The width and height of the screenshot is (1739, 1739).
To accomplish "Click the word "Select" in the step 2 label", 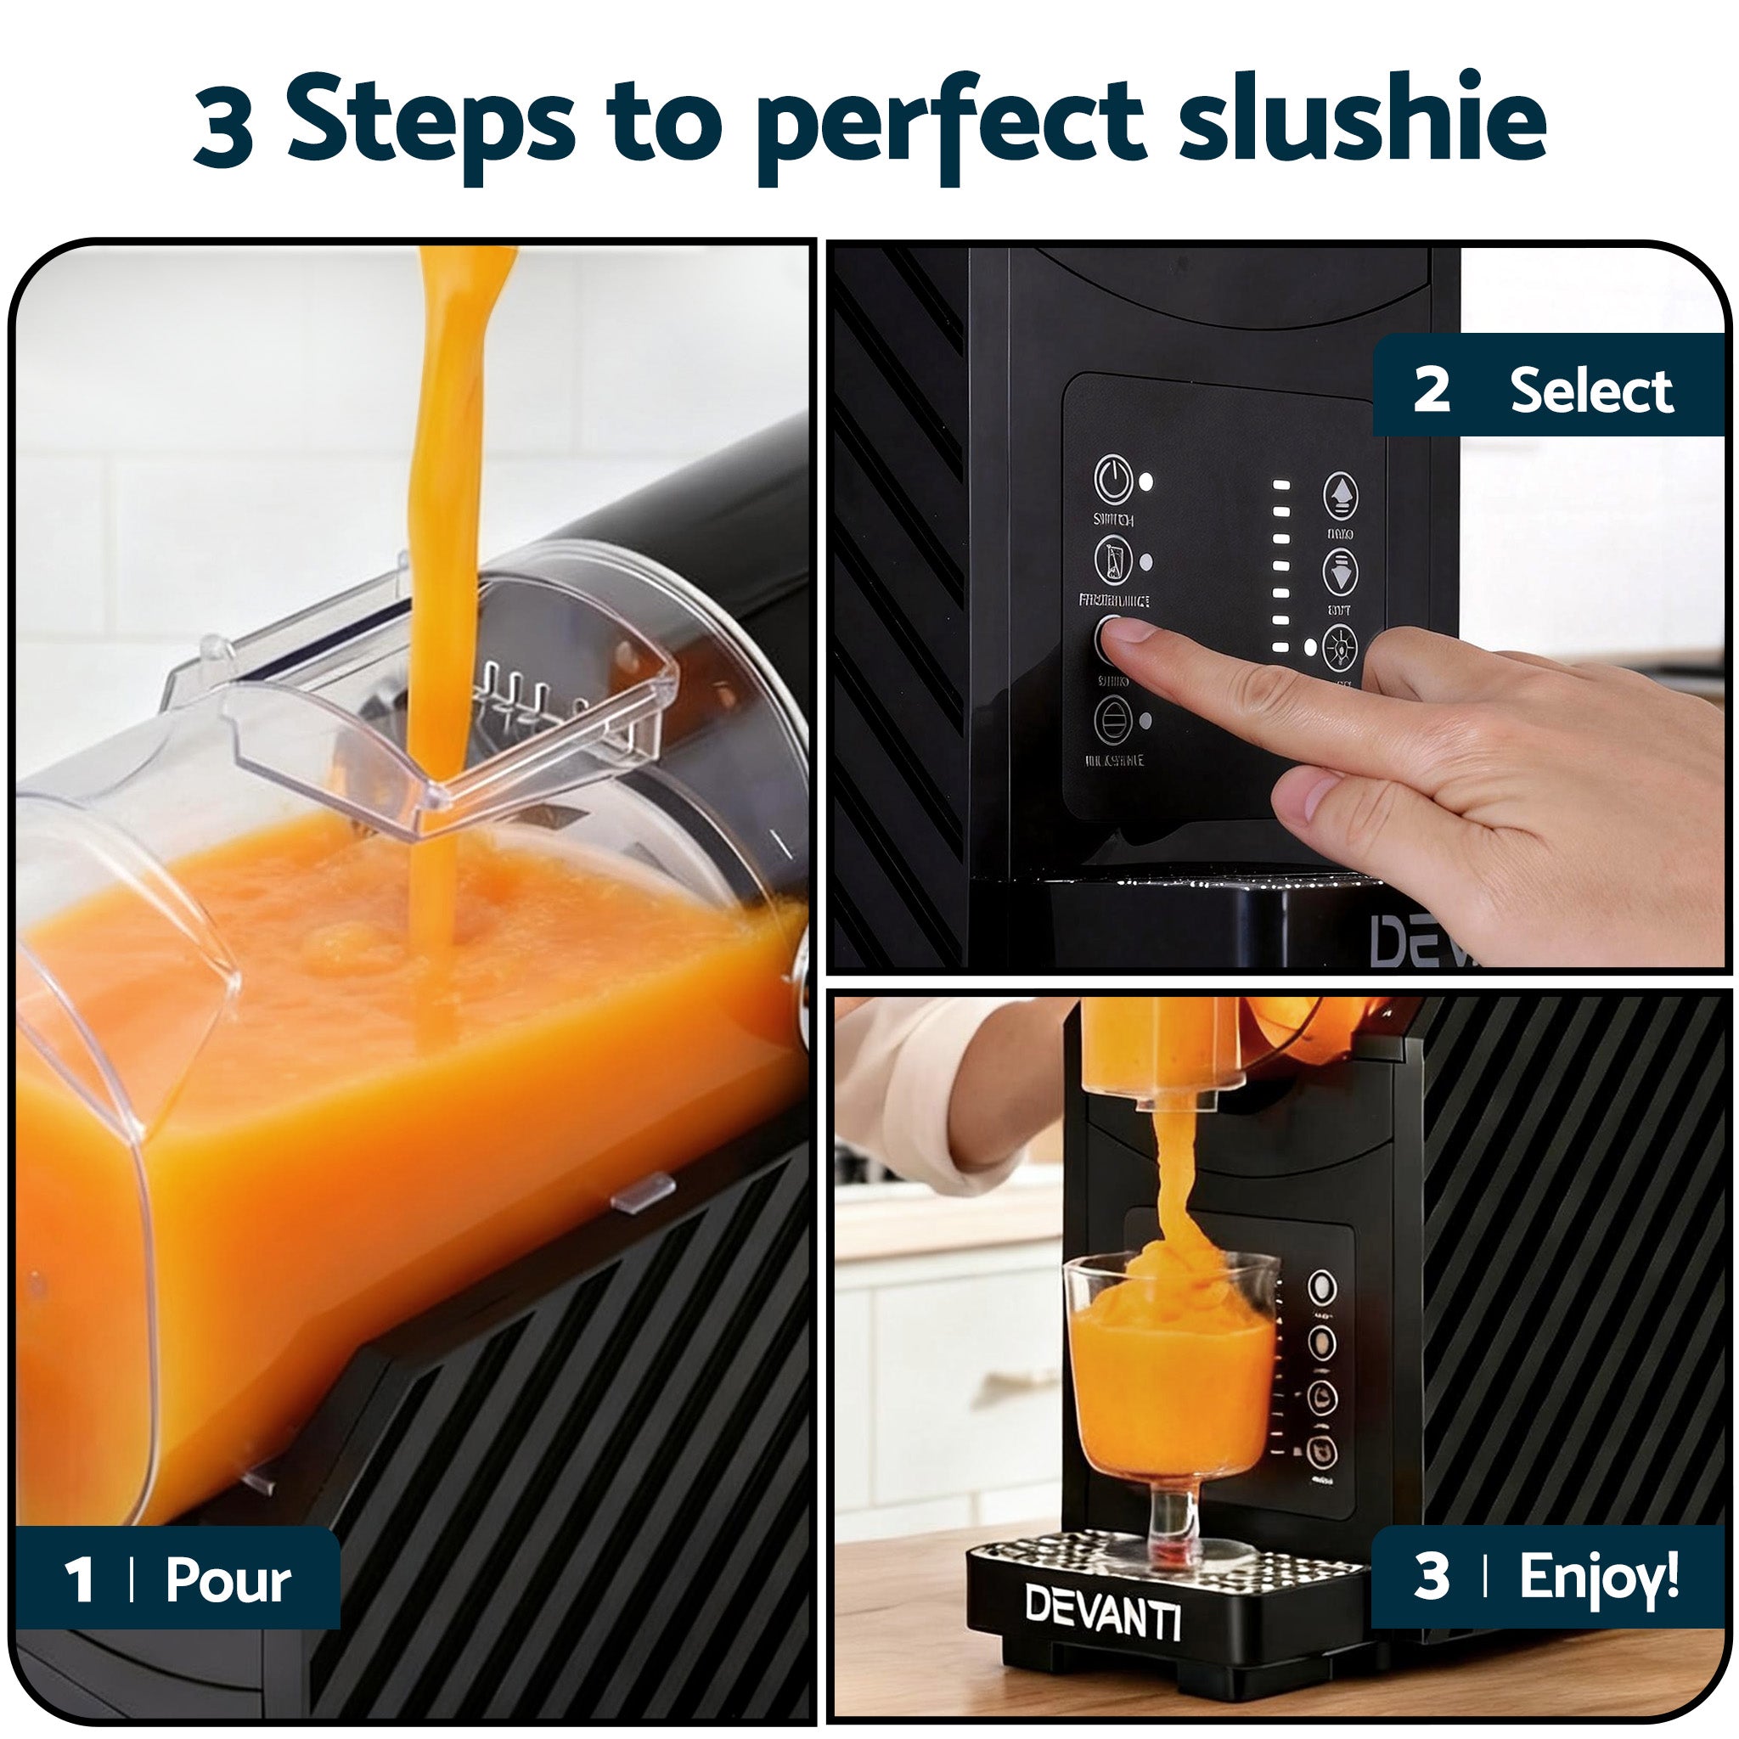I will point(1591,391).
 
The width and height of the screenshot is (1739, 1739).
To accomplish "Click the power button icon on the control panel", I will point(1112,479).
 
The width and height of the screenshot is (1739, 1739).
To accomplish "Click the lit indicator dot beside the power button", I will point(1145,481).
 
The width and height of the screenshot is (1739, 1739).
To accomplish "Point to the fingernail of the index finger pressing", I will point(1126,629).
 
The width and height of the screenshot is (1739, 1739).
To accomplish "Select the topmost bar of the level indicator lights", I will point(1280,484).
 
